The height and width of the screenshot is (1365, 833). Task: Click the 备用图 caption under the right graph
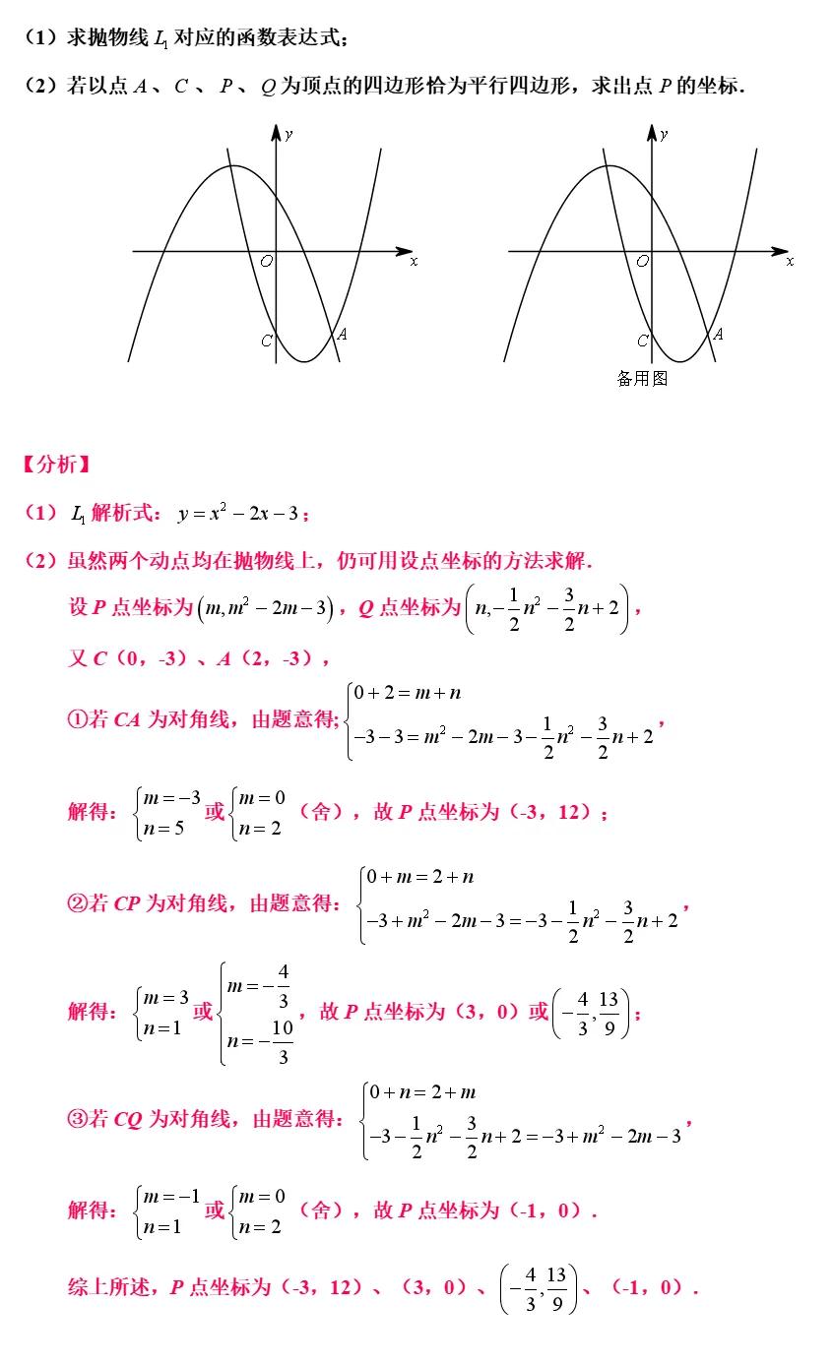pos(642,379)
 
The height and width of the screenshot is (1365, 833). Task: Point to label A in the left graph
pos(342,335)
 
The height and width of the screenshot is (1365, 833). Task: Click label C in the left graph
pos(266,341)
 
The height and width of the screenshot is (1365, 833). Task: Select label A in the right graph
pos(718,335)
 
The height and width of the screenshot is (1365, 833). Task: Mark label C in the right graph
pos(642,341)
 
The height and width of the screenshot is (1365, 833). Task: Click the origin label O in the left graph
pos(266,262)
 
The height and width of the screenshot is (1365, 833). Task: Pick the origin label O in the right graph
pos(642,262)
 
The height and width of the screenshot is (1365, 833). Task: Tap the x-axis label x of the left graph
pos(414,262)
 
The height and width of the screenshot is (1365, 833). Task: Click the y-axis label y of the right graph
pos(664,134)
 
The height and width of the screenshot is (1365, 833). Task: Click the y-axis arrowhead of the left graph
pos(277,131)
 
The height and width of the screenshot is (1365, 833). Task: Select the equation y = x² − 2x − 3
pos(243,513)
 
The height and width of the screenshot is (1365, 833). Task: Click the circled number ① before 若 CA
pos(76,720)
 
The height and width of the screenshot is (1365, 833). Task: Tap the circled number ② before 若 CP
pos(76,903)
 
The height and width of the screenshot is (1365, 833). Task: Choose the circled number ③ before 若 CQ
pos(76,1119)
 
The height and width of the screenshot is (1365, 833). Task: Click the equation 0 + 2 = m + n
pos(408,693)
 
